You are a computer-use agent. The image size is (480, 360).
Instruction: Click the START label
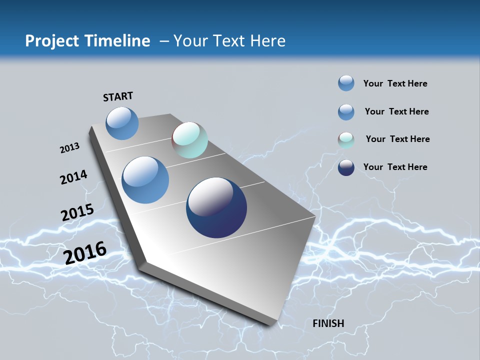point(118,96)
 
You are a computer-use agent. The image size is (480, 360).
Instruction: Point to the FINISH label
point(328,323)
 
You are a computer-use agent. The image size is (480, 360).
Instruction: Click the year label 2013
point(69,148)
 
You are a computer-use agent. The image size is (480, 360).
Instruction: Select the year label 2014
point(73,177)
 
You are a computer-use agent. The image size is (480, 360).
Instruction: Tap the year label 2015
point(77,212)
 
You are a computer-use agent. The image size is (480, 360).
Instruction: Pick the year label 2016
point(85,253)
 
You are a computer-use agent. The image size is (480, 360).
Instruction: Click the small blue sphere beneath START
point(122,123)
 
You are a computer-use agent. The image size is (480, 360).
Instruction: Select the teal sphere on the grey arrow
point(189,140)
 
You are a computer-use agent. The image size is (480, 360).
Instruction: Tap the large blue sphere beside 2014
point(145,180)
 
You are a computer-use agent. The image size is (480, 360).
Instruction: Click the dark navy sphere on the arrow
point(216,207)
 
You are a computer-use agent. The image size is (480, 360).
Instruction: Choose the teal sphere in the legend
point(346,140)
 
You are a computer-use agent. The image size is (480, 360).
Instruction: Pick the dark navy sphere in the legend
point(346,167)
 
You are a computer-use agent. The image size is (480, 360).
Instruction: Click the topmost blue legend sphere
point(346,83)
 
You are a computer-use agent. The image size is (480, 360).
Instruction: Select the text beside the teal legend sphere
point(397,139)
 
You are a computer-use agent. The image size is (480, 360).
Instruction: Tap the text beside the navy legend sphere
point(395,167)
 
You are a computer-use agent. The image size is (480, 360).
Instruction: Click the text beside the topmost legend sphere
point(395,83)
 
